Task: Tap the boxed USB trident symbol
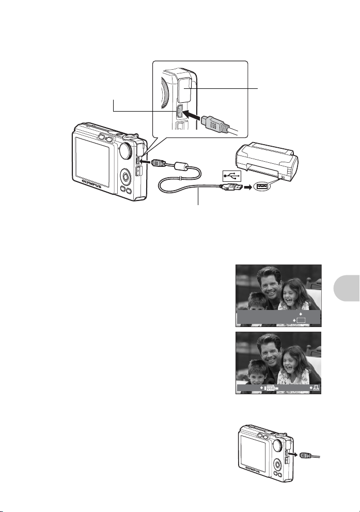232,176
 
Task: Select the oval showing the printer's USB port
262,186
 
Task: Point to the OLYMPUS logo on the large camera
91,184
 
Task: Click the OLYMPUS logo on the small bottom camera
253,469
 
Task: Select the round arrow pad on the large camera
126,177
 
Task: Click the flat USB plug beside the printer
230,187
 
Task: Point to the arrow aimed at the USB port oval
248,187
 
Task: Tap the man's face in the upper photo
268,285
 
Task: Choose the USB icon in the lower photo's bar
270,388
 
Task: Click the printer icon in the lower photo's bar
316,388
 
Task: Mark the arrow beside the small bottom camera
295,454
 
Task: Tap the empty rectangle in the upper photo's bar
301,320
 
